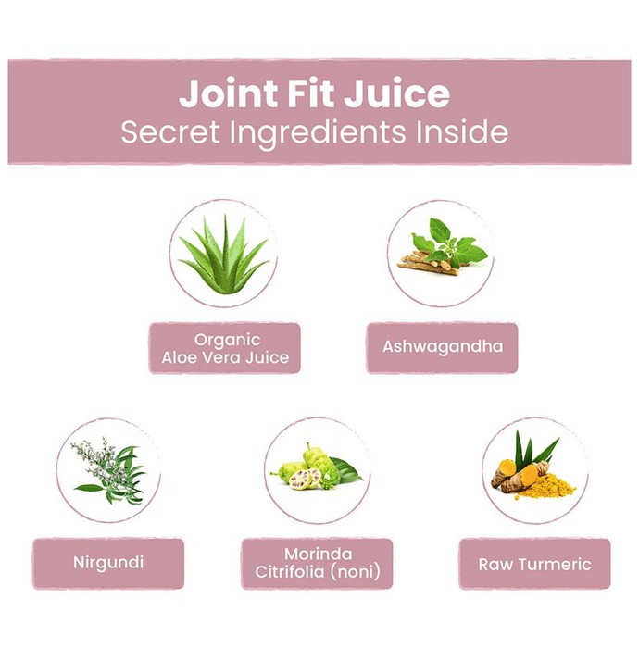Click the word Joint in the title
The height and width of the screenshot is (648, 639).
pos(228,93)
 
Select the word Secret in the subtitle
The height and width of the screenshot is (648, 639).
pos(169,131)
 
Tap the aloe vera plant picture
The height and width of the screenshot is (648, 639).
pos(224,255)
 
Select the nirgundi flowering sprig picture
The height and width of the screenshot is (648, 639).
pos(109,471)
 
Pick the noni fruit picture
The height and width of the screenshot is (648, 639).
pos(317,467)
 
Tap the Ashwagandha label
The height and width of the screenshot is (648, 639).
pos(443,347)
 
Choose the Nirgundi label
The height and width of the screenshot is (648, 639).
pos(108,563)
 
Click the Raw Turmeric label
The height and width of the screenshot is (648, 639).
pos(535,564)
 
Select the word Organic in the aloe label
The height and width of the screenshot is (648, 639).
pos(227,340)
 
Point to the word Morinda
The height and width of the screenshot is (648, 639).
pos(319,554)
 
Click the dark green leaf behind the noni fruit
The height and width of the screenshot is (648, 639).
pos(345,469)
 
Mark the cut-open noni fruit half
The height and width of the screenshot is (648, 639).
pos(301,480)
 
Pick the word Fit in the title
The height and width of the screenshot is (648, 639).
pos(310,93)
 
